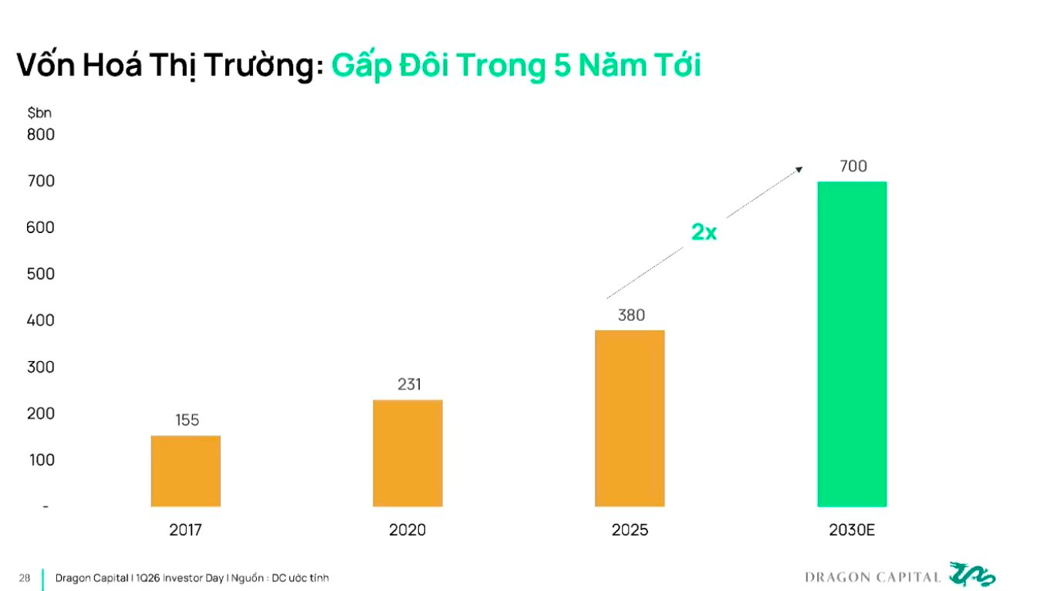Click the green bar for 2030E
click(x=852, y=344)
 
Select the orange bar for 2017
click(x=186, y=471)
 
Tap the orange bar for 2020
click(x=407, y=453)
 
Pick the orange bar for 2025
click(x=630, y=418)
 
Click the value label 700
click(x=853, y=166)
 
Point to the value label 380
click(x=631, y=315)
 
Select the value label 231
click(x=409, y=384)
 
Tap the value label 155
click(x=187, y=420)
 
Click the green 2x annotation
click(x=703, y=231)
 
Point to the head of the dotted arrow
click(x=800, y=169)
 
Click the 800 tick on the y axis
click(x=41, y=134)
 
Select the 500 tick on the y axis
click(x=41, y=274)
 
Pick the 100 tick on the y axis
click(x=41, y=460)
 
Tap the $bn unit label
click(x=39, y=113)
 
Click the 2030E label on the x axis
click(x=853, y=531)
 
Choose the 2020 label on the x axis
click(x=407, y=531)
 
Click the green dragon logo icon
click(x=972, y=575)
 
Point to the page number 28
click(x=25, y=577)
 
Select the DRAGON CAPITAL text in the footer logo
click(x=873, y=577)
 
